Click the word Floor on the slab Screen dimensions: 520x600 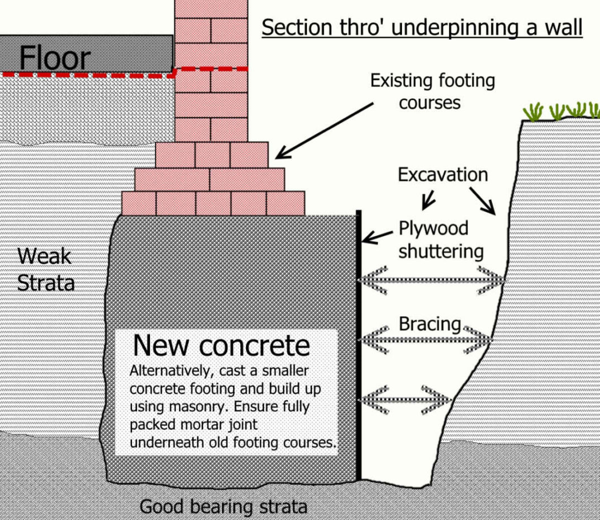[54, 58]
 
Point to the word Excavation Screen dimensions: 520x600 [442, 175]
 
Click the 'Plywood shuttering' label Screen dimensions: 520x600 [441, 240]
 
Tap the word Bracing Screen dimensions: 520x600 [429, 324]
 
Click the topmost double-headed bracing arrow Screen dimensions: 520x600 [431, 278]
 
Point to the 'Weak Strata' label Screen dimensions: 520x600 [45, 269]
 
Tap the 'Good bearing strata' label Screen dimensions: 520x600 [223, 507]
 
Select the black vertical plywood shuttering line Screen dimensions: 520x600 [358, 347]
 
